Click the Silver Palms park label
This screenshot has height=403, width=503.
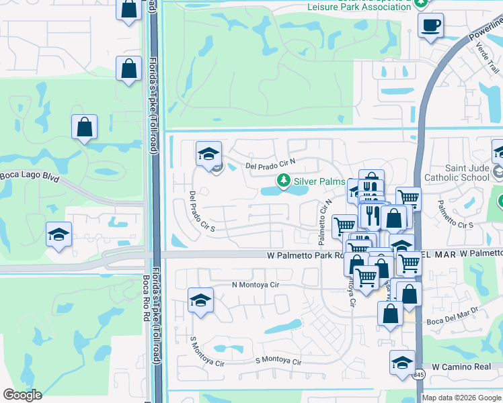pos(320,182)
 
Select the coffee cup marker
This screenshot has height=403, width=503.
pos(430,26)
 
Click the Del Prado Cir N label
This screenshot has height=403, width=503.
pos(271,165)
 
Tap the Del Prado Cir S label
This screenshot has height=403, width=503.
pos(201,212)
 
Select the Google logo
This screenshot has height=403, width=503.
pos(22,395)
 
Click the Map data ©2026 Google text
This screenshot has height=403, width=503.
pos(461,398)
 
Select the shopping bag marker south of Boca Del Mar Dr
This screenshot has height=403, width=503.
pos(391,313)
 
